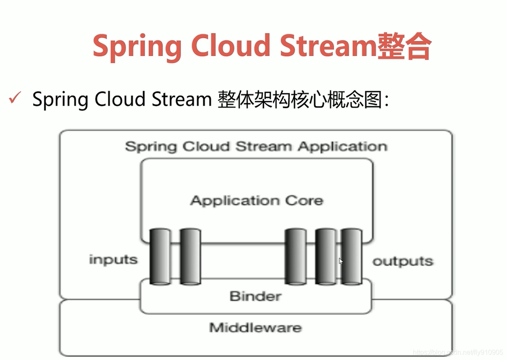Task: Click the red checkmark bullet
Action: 15,99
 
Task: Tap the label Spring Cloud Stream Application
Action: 256,147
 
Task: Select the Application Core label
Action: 257,200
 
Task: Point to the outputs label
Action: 403,261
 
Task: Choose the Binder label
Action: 255,296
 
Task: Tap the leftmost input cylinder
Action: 160,256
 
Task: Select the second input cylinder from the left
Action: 190,256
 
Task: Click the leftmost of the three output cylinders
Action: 295,256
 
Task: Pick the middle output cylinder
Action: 326,256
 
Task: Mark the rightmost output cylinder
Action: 352,256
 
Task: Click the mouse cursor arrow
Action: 341,261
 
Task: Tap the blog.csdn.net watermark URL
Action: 458,352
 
